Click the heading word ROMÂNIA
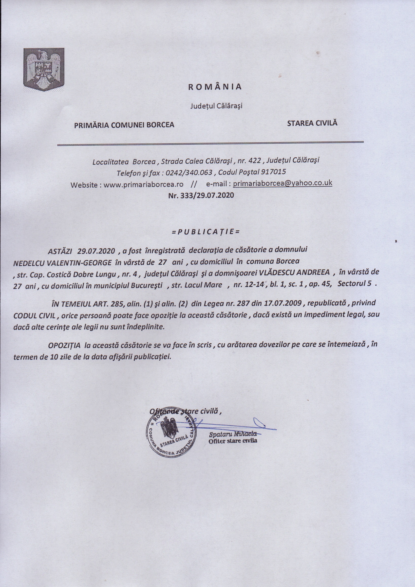tap(215, 87)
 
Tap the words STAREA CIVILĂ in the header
tap(312, 123)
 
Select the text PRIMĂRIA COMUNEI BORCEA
tap(124, 125)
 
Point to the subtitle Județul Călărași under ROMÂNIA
tap(216, 106)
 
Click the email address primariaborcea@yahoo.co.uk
tap(283, 183)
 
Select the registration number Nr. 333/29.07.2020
tap(201, 195)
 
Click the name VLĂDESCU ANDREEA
tap(294, 272)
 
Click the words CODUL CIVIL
tap(34, 316)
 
